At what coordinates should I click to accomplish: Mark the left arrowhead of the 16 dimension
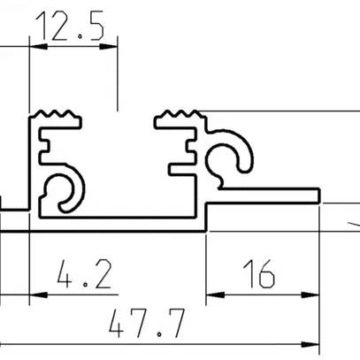click(213, 295)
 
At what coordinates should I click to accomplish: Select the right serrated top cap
click(180, 116)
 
